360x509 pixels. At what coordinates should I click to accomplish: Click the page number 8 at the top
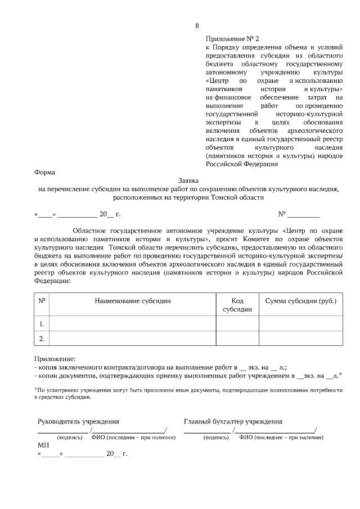[197, 26]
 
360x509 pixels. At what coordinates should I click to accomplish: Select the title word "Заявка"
[188, 182]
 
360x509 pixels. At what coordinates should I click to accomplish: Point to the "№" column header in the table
[42, 301]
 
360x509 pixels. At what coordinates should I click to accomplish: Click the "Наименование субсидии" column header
[133, 301]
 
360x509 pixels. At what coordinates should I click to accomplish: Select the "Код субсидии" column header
[237, 305]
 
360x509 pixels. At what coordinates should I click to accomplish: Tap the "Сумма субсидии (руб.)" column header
[300, 301]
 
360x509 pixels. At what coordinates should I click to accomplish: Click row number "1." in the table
[42, 324]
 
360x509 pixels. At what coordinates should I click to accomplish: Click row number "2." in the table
[42, 339]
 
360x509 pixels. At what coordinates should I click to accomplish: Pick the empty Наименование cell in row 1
[133, 324]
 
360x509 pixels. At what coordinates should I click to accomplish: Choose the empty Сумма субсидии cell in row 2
[300, 339]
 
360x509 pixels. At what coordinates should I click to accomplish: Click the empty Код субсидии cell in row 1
[237, 324]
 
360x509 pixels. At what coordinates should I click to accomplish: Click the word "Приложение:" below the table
[55, 358]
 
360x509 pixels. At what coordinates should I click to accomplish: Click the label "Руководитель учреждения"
[78, 421]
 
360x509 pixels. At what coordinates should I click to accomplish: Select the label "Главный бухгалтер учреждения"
[233, 421]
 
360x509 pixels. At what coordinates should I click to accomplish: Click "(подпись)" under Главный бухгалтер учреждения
[215, 437]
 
